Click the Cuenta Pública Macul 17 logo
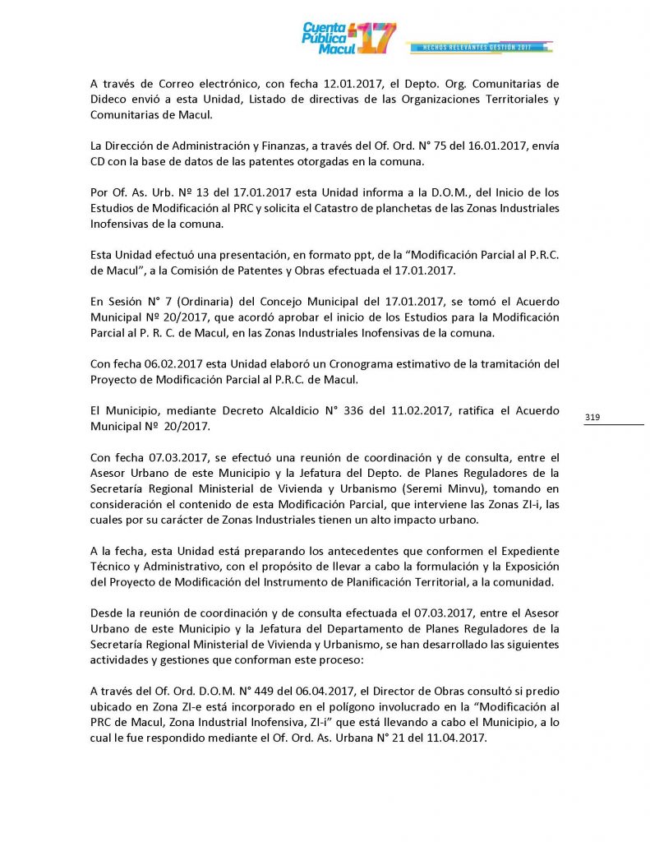coord(348,38)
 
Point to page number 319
coord(592,418)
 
